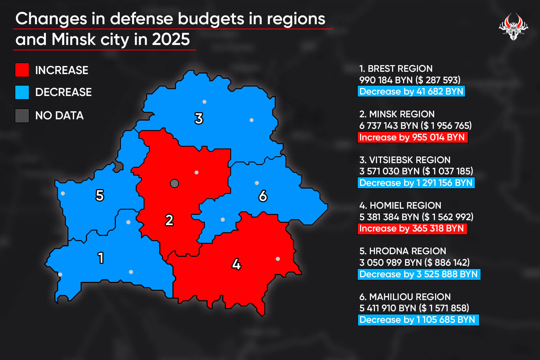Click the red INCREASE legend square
pyautogui.click(x=22, y=70)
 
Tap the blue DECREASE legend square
pyautogui.click(x=22, y=92)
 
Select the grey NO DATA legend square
pyautogui.click(x=22, y=116)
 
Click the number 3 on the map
pyautogui.click(x=199, y=118)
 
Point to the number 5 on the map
pyautogui.click(x=100, y=195)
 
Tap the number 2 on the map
pyautogui.click(x=169, y=220)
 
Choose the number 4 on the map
pyautogui.click(x=236, y=264)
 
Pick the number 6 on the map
pyautogui.click(x=263, y=196)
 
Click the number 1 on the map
pyautogui.click(x=101, y=258)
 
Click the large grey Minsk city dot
pyautogui.click(x=175, y=183)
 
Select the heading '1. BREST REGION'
pyautogui.click(x=396, y=69)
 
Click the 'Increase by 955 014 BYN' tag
pyautogui.click(x=412, y=137)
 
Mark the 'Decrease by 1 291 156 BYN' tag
pyautogui.click(x=416, y=183)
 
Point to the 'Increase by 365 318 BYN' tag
pyautogui.click(x=412, y=229)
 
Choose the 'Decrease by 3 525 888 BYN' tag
pyautogui.click(x=419, y=274)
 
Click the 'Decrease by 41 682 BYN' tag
pyautogui.click(x=411, y=91)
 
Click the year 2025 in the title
pyautogui.click(x=171, y=39)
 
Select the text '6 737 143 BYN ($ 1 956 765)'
pyautogui.click(x=415, y=126)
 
